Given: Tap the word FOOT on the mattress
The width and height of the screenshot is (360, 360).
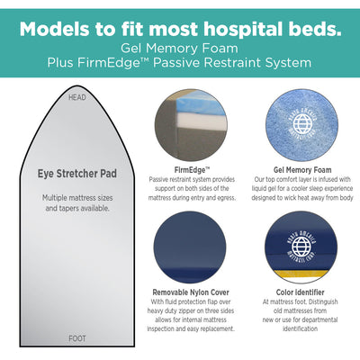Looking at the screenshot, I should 77,338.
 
